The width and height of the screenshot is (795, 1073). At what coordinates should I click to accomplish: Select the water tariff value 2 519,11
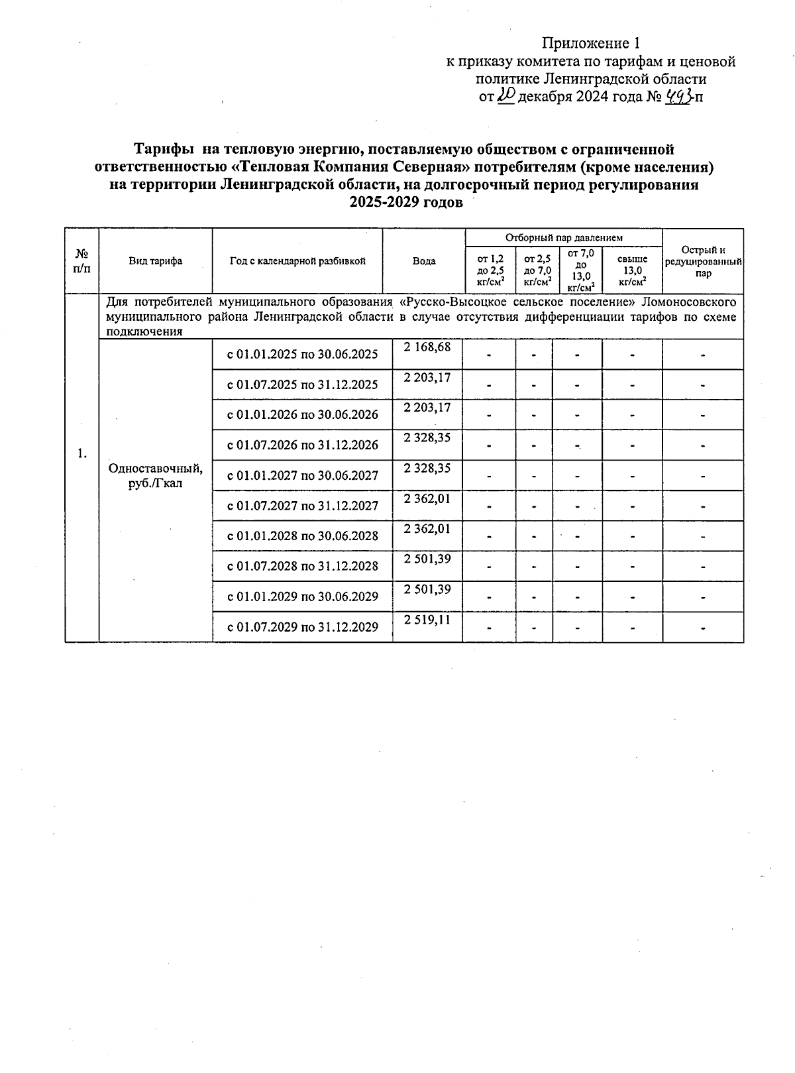click(x=427, y=620)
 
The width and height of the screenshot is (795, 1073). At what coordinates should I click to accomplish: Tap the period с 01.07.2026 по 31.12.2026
click(x=302, y=445)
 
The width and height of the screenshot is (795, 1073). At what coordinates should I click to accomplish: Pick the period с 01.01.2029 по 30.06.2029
click(x=302, y=596)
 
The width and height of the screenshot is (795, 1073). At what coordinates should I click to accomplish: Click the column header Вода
click(x=423, y=261)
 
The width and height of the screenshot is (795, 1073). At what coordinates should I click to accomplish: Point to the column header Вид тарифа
click(x=155, y=261)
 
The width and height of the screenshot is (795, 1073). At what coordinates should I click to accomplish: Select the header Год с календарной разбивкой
click(x=297, y=261)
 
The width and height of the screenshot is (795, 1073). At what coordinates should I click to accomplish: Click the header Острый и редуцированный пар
click(x=703, y=261)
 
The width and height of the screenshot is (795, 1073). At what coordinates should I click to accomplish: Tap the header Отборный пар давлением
click(x=563, y=237)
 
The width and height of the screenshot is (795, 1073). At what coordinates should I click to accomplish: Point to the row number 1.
click(x=81, y=454)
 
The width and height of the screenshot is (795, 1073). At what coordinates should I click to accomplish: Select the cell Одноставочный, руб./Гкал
click(x=155, y=476)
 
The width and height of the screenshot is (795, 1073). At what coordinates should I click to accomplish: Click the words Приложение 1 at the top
click(x=591, y=44)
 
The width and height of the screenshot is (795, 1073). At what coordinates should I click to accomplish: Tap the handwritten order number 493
click(x=678, y=97)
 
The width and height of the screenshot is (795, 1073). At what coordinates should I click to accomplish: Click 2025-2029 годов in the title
click(x=405, y=203)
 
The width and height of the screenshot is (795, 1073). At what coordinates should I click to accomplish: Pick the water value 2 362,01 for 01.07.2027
click(x=427, y=498)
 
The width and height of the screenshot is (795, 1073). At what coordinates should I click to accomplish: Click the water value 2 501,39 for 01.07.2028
click(x=427, y=559)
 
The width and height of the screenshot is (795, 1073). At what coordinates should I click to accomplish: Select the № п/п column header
click(x=81, y=261)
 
